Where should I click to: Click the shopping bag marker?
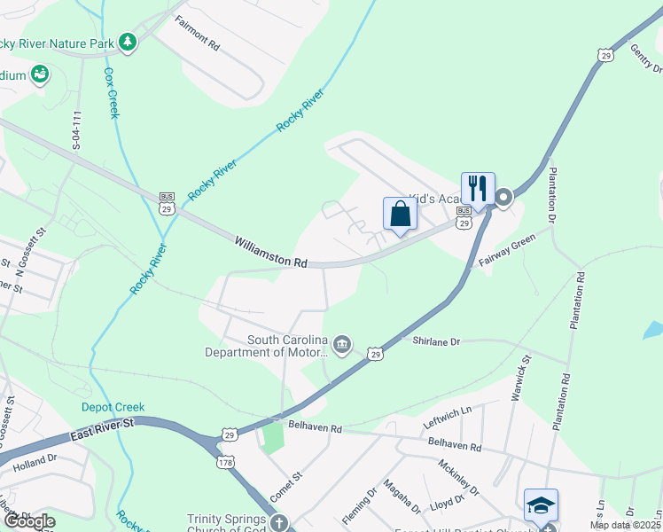pos(400,214)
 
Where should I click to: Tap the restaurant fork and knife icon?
pos(478,187)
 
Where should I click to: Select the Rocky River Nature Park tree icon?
pos(129,42)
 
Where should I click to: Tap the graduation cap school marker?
pos(541,504)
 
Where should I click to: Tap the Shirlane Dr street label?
pos(436,341)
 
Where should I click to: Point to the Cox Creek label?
pos(111,92)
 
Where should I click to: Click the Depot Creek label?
pos(113,407)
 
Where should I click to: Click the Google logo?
pos(29,521)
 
